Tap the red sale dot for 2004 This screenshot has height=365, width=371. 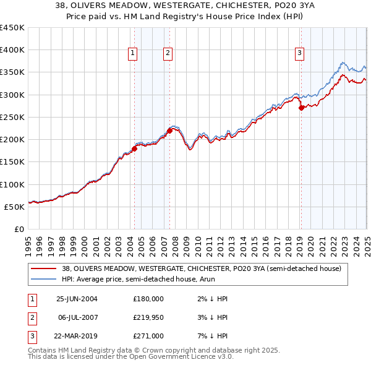coord(134,148)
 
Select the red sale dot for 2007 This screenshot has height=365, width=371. coord(169,131)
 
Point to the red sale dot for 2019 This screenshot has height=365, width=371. coord(301,108)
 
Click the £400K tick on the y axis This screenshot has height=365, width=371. coord(12,50)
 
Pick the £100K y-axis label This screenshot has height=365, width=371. coord(12,184)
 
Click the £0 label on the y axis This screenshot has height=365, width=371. coord(19,229)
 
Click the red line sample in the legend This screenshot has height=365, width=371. coord(43,268)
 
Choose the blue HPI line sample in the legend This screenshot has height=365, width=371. coord(43,279)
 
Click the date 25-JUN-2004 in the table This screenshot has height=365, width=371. coord(77,299)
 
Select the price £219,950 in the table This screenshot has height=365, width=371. coord(148,317)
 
